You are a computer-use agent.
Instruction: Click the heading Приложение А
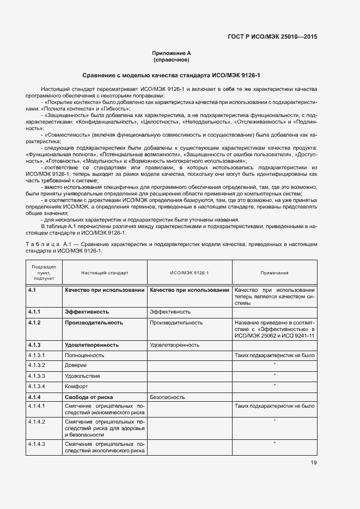[x=172, y=53]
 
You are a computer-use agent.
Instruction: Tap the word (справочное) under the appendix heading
[x=172, y=59]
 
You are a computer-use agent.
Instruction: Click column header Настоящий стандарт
[x=105, y=272]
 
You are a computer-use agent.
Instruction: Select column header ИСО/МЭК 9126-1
[x=189, y=272]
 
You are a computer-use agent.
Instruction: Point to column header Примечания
[x=274, y=272]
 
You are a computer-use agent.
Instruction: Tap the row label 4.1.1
[x=35, y=312]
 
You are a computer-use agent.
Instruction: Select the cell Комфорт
[x=76, y=386]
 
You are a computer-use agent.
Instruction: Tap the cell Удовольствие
[x=82, y=376]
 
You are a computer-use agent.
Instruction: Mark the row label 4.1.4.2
[x=37, y=422]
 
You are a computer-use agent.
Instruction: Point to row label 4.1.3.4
[x=37, y=386]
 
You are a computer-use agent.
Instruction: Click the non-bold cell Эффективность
[x=170, y=312]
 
